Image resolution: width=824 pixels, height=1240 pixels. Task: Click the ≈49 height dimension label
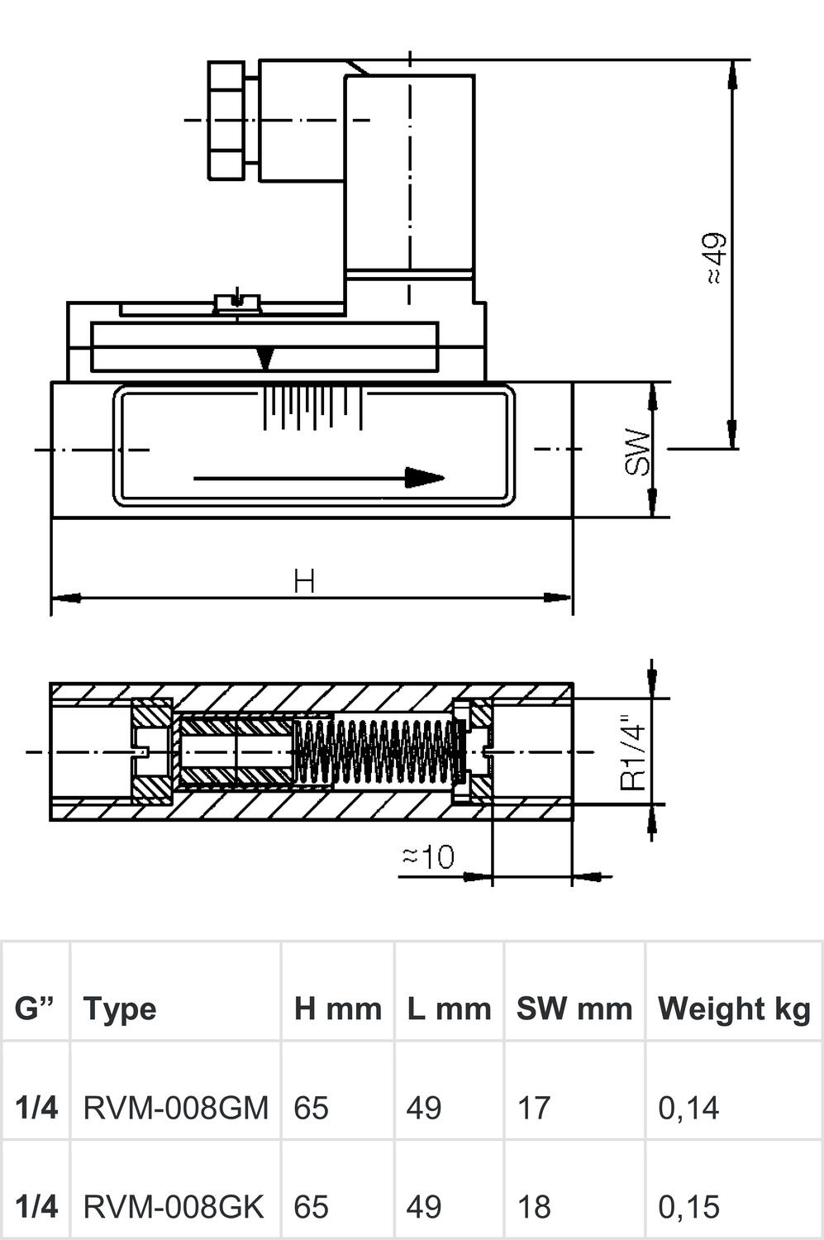coord(716,258)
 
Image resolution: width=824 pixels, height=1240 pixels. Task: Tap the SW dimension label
coord(638,451)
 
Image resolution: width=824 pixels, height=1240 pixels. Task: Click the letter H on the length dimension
coord(304,581)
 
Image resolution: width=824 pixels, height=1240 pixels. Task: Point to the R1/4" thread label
coord(634,752)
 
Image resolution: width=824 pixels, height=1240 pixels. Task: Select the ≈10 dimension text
coord(428,857)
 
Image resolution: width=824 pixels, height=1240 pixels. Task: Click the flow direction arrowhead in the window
coord(424,478)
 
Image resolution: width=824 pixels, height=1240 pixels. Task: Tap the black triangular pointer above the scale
coord(265,358)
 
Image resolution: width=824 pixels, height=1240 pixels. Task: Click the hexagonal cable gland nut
coord(226,121)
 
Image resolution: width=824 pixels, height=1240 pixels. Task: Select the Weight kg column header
coord(734,1009)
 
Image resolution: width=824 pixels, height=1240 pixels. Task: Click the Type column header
coord(120,1009)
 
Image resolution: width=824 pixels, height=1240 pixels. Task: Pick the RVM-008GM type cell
coord(176,1107)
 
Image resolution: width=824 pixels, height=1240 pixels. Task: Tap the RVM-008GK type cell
coord(174,1207)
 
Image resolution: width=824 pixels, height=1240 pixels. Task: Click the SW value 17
coord(533,1107)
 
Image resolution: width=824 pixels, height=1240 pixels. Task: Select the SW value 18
coord(533,1207)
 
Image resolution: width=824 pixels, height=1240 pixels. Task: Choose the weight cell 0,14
coord(688,1107)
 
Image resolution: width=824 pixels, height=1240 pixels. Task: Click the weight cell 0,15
coord(688,1207)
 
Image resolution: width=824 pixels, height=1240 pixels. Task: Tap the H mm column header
coord(337,1009)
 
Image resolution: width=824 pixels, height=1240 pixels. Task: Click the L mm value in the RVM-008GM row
coord(423,1107)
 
